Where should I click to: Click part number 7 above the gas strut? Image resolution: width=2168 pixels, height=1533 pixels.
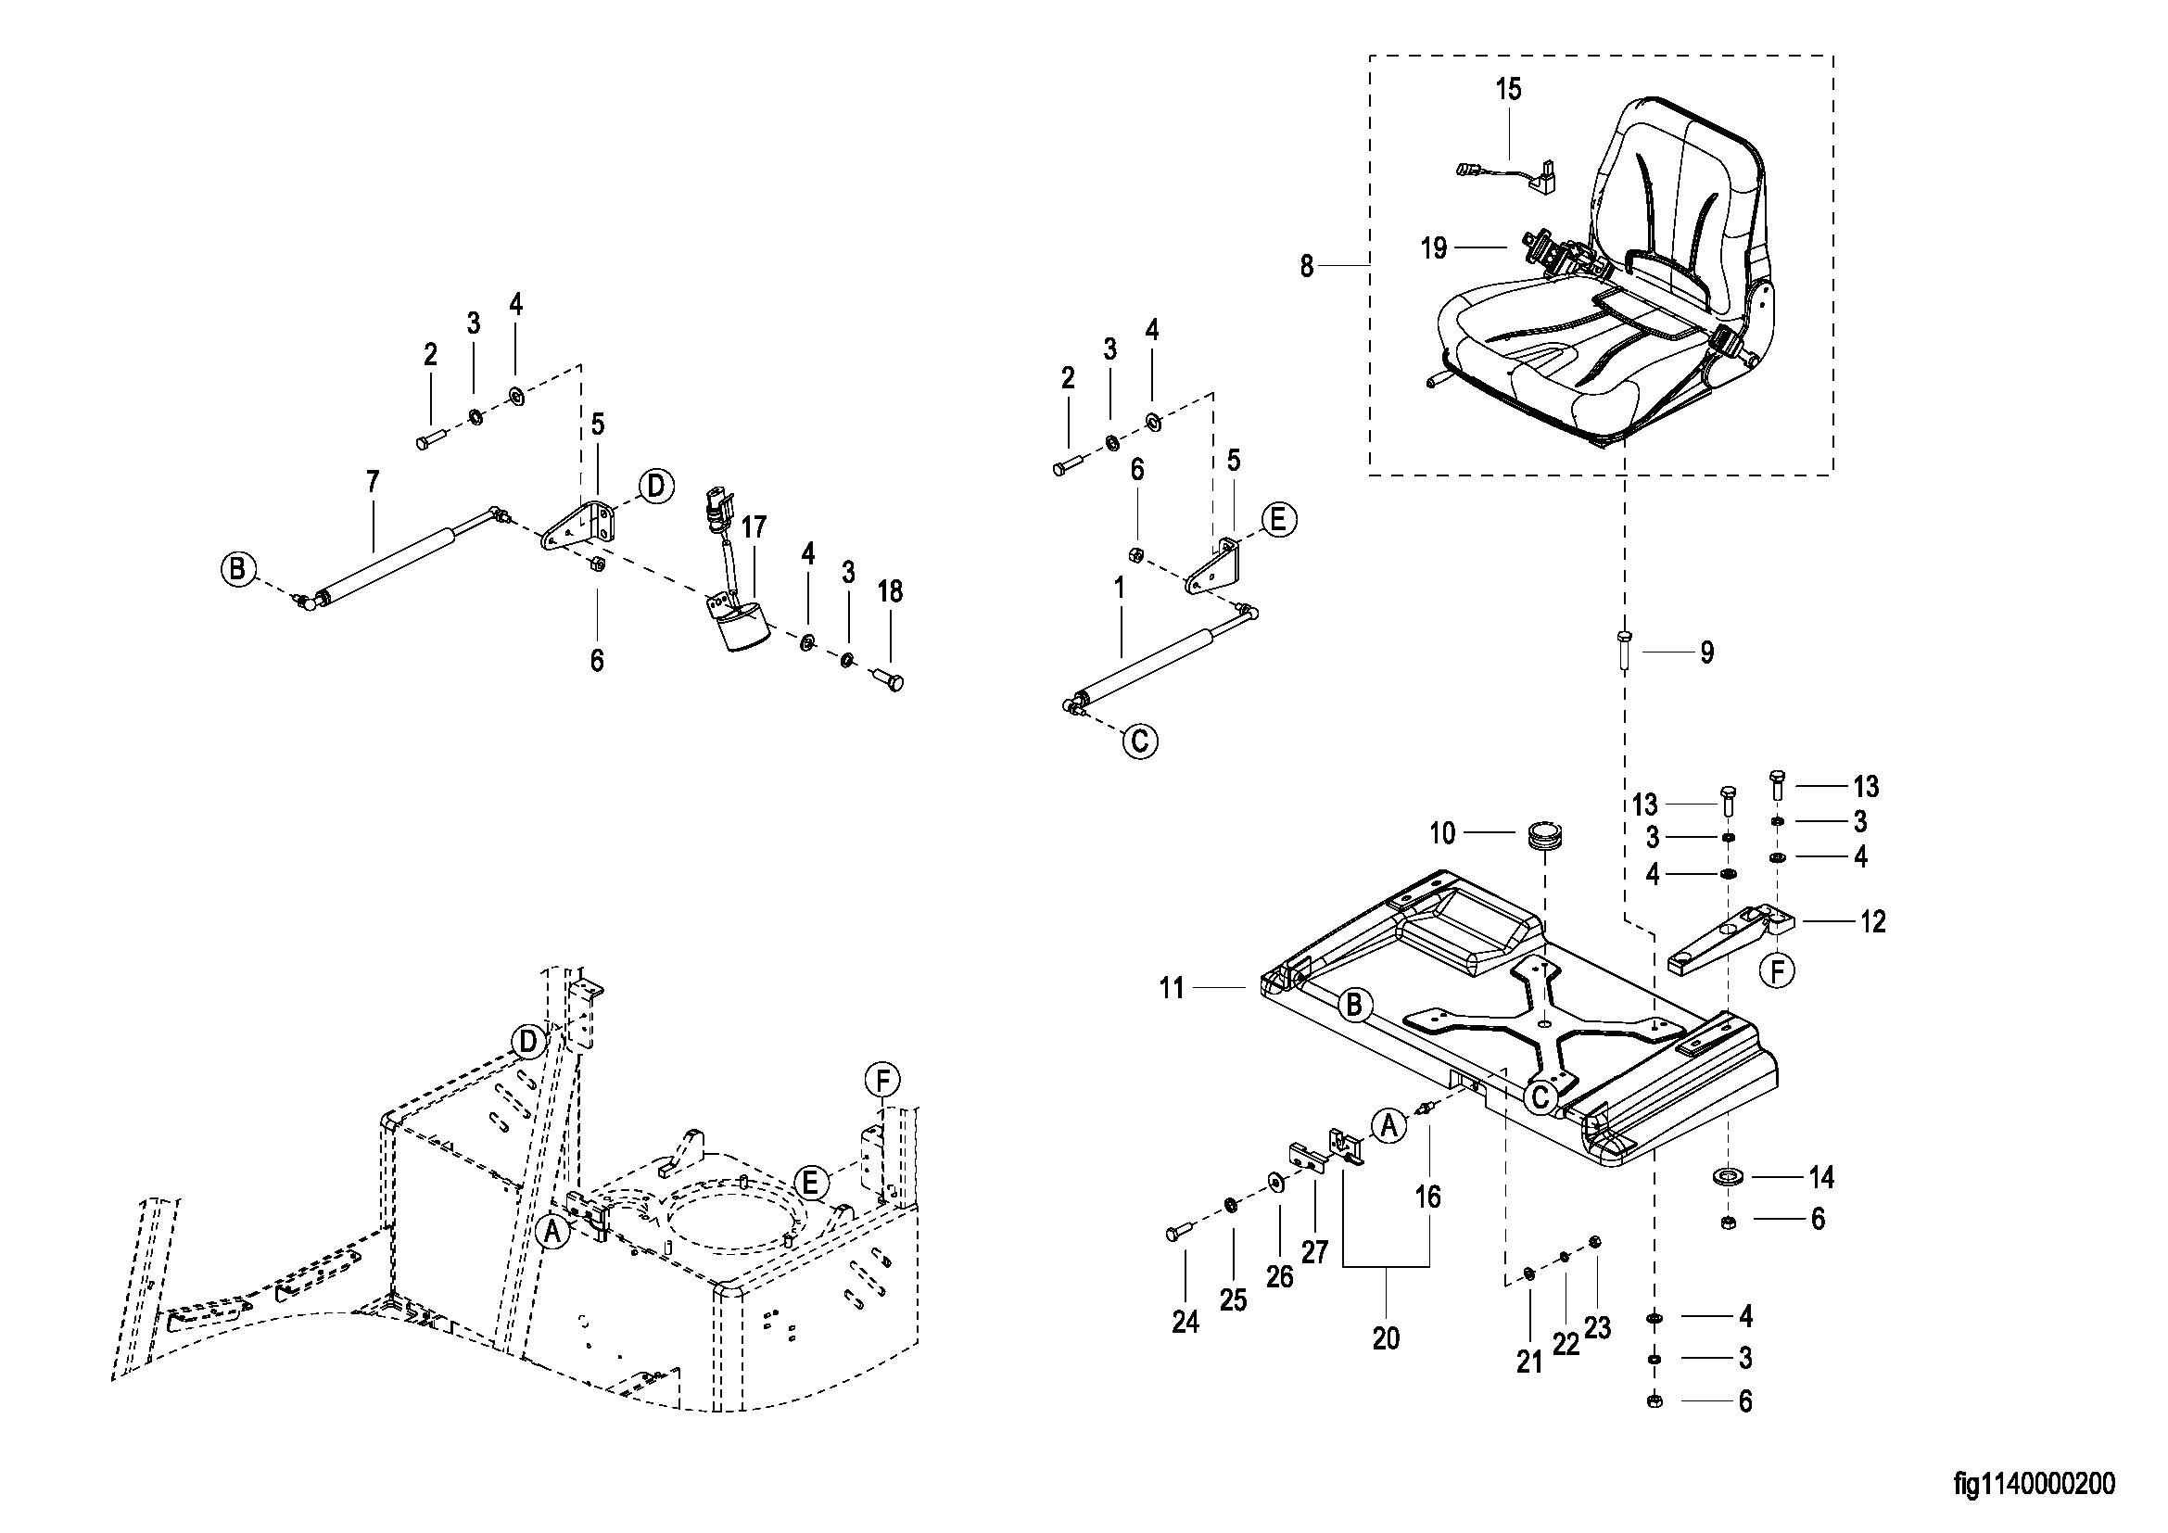coord(373,482)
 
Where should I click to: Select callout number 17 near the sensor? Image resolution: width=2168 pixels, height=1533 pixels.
coord(754,526)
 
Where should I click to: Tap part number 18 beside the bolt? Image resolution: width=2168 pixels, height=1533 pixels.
coord(890,592)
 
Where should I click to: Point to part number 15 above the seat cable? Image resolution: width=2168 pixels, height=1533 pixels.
coord(1509,90)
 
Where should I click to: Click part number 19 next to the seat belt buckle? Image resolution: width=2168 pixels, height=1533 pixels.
coord(1433,248)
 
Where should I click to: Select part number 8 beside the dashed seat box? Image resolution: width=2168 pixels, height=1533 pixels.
coord(1307,267)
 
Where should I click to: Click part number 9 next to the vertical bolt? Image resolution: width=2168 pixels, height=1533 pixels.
coord(1707,652)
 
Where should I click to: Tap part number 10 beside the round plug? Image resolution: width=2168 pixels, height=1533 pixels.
coord(1443,833)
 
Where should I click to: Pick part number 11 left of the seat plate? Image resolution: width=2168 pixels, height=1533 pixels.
coord(1172,988)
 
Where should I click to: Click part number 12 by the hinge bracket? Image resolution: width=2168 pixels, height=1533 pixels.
coord(1873,921)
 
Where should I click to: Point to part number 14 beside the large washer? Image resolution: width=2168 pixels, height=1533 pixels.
coord(1821,1177)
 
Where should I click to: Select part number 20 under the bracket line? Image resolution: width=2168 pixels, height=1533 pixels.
coord(1386,1338)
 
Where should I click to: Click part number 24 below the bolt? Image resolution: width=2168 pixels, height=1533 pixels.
coord(1185,1323)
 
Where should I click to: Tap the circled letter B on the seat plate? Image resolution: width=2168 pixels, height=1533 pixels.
coord(1354,1006)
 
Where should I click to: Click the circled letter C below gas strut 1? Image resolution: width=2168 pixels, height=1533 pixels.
coord(1140,741)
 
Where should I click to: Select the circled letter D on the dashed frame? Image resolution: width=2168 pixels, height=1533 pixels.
coord(527,1043)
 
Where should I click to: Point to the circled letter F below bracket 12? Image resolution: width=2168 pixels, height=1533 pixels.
coord(1777,970)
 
